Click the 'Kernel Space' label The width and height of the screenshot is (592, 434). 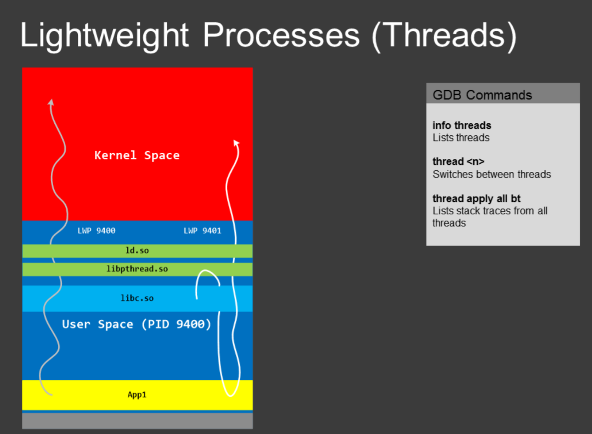pos(137,155)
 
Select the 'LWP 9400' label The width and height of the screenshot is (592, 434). pos(96,230)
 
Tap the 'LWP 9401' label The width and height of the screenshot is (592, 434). pos(202,230)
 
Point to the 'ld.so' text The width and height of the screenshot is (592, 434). pos(137,250)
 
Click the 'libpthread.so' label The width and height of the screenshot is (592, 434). pos(137,269)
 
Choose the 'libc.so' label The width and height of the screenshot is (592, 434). pos(137,298)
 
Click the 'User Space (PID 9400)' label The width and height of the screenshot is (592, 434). pos(137,324)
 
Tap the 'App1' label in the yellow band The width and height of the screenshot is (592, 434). pos(137,395)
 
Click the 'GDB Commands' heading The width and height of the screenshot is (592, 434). pos(482,95)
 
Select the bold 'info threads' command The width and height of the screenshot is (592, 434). pos(462,125)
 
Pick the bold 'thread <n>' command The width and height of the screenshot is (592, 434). pos(458,161)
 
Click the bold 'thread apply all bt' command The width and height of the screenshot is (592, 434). pos(476,199)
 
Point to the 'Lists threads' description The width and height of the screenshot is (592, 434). pos(461,138)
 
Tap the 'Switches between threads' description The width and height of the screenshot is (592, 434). pos(492,174)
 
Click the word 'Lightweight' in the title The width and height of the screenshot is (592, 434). pos(105,36)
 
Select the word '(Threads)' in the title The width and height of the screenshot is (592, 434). pos(444,36)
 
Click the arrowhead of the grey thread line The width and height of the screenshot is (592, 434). pos(51,102)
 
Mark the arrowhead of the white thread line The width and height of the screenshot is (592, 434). pos(236,143)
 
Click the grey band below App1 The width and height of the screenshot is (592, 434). pos(137,421)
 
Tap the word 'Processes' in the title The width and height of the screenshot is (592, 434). pos(281,36)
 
